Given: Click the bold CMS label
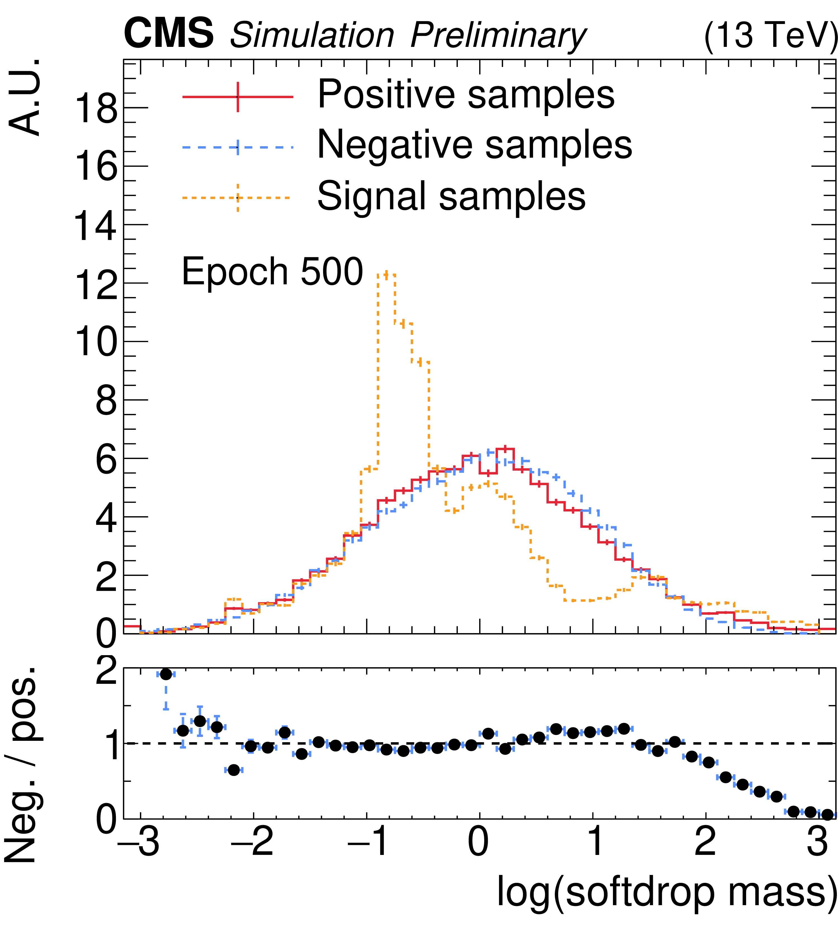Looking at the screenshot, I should [168, 33].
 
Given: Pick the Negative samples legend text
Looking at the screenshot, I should [474, 145].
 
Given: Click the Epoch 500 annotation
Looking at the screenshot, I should [272, 271].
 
